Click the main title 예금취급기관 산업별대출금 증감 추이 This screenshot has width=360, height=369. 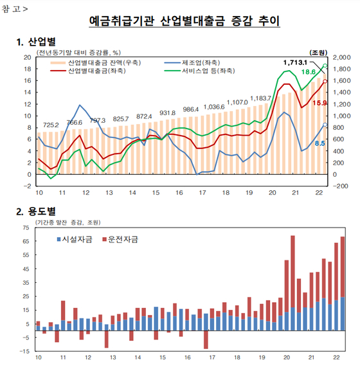click(x=184, y=21)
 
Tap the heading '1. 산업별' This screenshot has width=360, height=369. click(x=36, y=42)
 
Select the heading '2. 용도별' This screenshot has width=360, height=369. click(x=36, y=212)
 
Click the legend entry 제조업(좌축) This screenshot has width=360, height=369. click(x=192, y=62)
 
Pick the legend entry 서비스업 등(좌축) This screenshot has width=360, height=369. click(x=200, y=71)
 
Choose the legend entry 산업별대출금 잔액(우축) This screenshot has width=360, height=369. click(x=96, y=62)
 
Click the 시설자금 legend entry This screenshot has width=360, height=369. click(x=75, y=240)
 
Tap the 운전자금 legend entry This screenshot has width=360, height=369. click(x=120, y=240)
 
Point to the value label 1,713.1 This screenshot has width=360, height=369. click(x=295, y=62)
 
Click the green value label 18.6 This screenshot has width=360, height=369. click(x=309, y=72)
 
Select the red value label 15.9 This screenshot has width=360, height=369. click(x=319, y=103)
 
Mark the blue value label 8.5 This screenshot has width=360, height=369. click(x=319, y=143)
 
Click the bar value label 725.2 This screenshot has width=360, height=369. click(x=51, y=125)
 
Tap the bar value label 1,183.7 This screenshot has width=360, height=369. click(x=260, y=98)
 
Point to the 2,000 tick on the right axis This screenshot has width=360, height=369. click(x=341, y=57)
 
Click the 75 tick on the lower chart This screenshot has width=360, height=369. click(x=26, y=228)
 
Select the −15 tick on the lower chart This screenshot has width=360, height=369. click(x=24, y=351)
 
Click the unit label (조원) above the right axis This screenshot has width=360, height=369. click(x=318, y=52)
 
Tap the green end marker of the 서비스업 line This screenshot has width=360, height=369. click(x=325, y=66)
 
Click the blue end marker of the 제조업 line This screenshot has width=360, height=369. click(x=325, y=125)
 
